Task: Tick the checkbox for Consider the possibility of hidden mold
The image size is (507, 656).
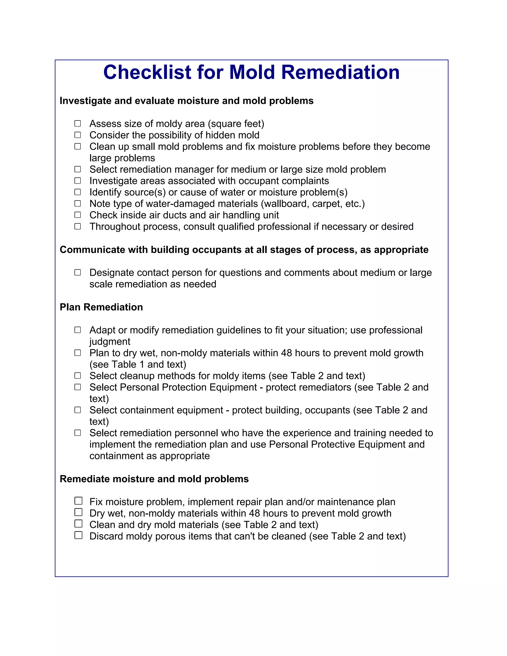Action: [x=78, y=135]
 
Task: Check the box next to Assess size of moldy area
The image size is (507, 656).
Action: [x=78, y=124]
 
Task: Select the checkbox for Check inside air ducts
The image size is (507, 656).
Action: [x=78, y=215]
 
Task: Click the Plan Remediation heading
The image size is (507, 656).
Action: [x=101, y=307]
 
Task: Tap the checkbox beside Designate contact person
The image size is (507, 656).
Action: [x=78, y=273]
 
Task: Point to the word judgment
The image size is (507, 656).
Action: [x=110, y=342]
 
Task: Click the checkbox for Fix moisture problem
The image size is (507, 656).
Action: [x=78, y=501]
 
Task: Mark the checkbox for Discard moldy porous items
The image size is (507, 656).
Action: [x=78, y=535]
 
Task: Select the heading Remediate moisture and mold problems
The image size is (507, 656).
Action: [x=154, y=479]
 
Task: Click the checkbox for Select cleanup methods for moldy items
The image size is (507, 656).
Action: [x=78, y=376]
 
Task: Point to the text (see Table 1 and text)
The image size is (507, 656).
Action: [x=138, y=364]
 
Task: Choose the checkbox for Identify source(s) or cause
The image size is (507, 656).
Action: [x=78, y=192]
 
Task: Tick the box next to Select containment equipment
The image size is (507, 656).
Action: [x=78, y=410]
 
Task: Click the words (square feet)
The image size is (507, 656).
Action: [x=236, y=124]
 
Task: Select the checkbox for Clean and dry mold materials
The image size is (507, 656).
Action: [x=78, y=524]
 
